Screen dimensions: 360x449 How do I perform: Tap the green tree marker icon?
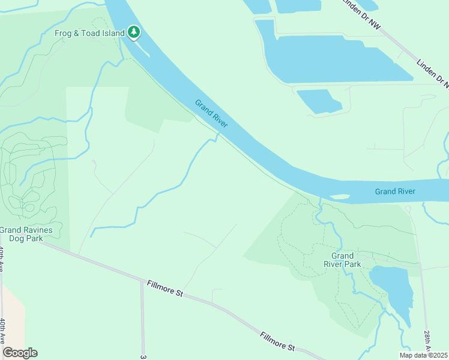[x=134, y=32]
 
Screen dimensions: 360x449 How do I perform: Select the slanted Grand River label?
[x=211, y=113]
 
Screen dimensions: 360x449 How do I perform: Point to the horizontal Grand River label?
[x=395, y=191]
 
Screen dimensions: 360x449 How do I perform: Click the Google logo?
[x=20, y=353]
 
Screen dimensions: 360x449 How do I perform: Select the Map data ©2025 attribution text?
[x=423, y=355]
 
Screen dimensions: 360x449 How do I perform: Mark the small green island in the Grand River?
[x=340, y=196]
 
